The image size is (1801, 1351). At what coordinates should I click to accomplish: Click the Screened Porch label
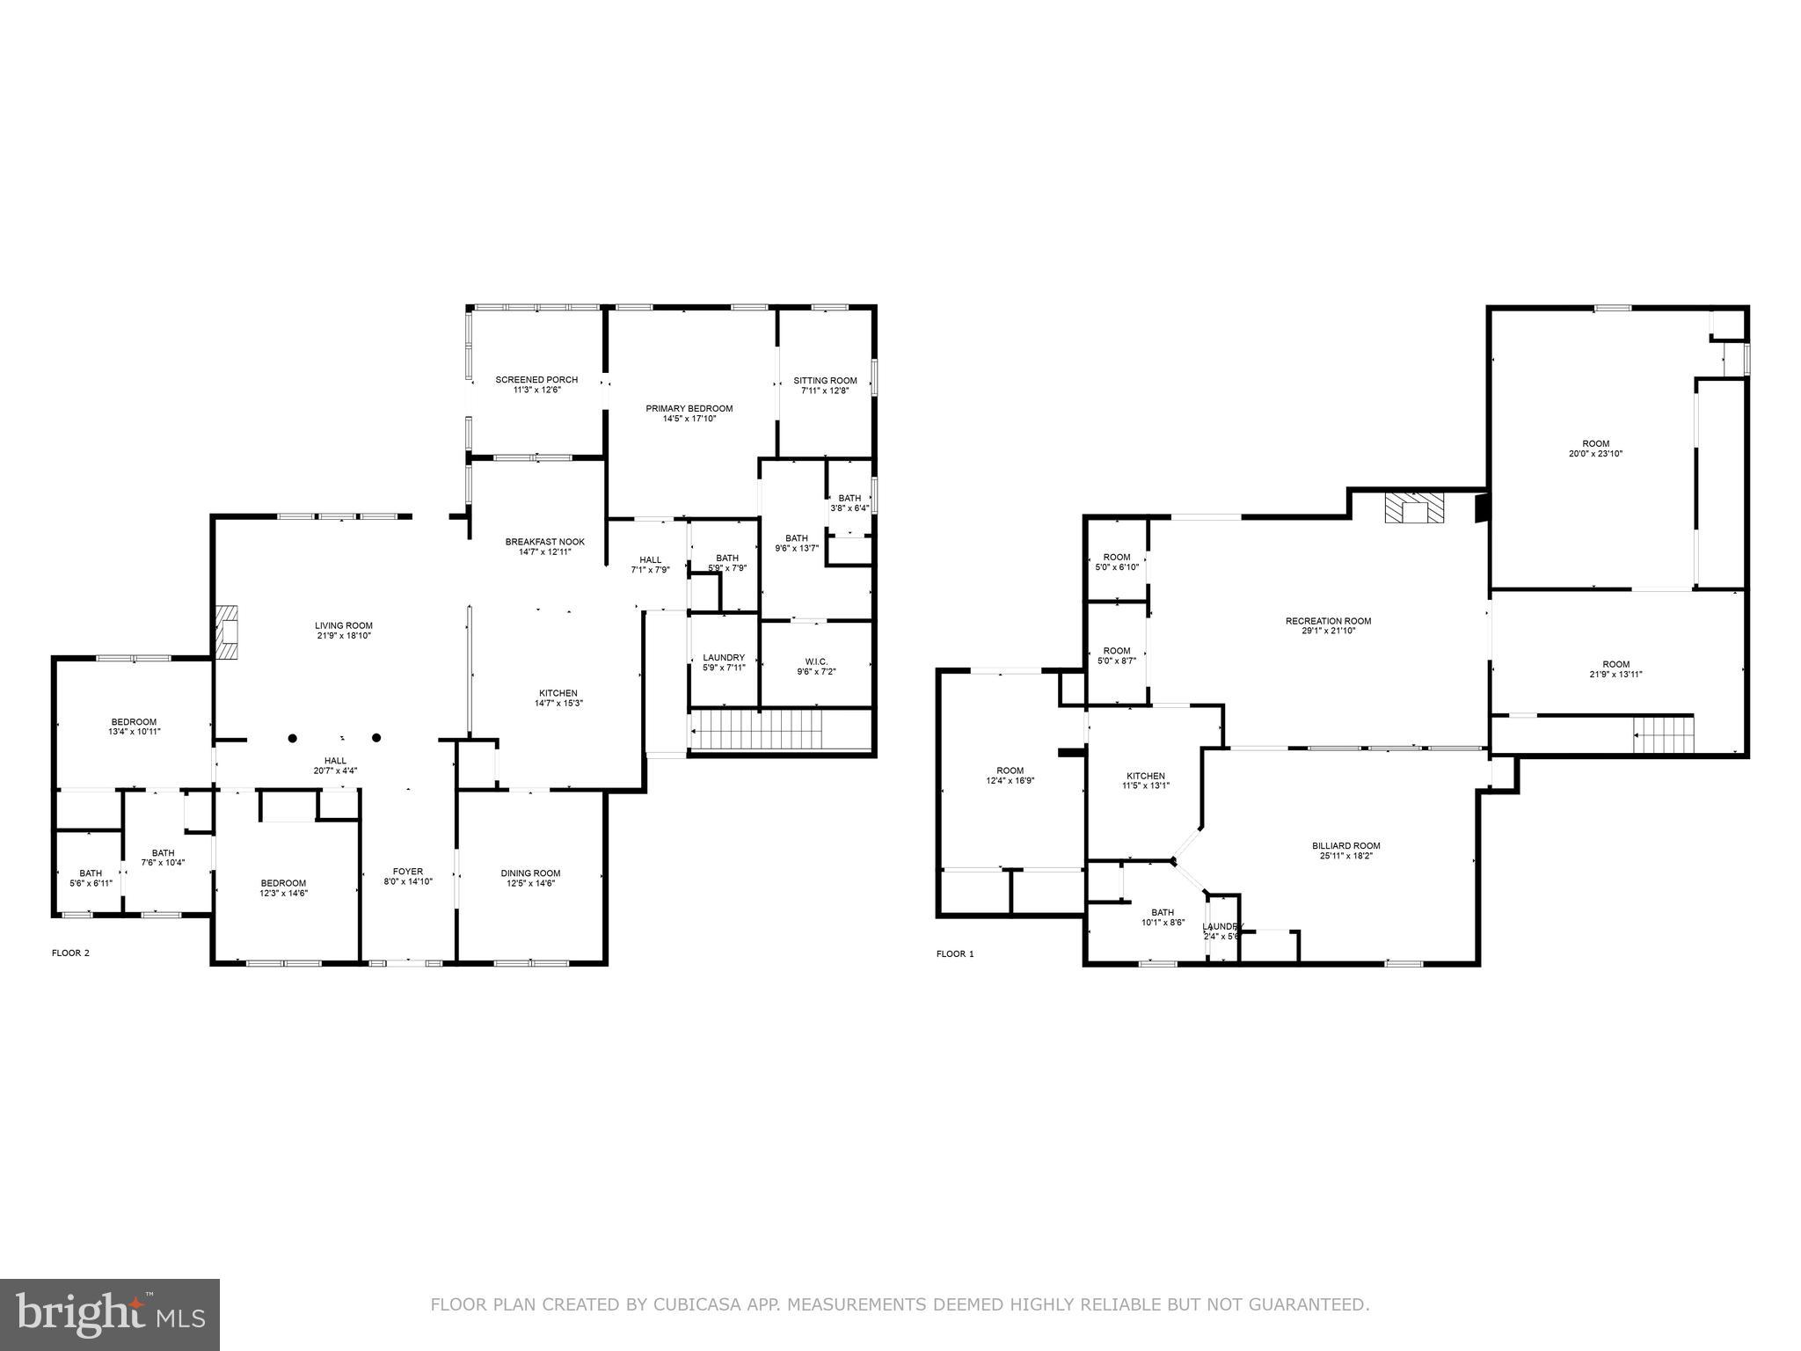click(536, 380)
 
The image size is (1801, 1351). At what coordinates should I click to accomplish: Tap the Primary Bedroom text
click(689, 409)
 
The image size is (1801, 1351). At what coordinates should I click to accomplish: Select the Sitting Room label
click(825, 381)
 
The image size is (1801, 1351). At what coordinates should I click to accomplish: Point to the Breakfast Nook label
click(544, 542)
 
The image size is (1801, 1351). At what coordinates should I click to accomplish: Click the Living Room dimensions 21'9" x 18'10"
click(344, 635)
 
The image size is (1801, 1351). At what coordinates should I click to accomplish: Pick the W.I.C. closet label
click(816, 661)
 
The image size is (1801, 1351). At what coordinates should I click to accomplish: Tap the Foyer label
click(408, 872)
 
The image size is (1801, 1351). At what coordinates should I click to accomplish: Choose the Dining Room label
click(530, 873)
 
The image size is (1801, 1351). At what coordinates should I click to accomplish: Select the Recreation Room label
click(1328, 621)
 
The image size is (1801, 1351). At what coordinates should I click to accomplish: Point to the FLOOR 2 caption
click(70, 953)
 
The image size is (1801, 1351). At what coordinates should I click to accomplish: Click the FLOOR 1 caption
click(955, 953)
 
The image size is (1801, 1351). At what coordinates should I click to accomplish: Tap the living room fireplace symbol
click(227, 632)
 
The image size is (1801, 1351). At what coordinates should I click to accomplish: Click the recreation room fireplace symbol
click(1414, 508)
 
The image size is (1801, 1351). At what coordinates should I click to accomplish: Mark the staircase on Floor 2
click(756, 730)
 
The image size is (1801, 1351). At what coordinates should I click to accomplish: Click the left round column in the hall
click(293, 738)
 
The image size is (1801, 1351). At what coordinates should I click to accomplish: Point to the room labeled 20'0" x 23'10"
click(1595, 449)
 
